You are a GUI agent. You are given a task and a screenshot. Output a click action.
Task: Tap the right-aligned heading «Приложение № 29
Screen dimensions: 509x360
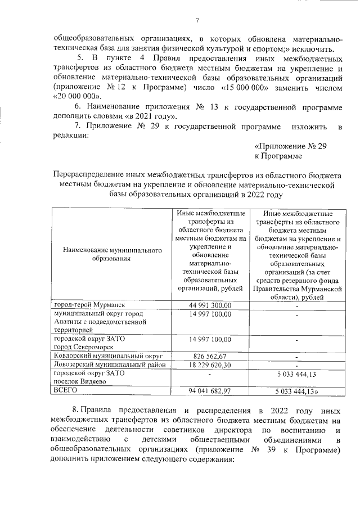pyautogui.click(x=290, y=145)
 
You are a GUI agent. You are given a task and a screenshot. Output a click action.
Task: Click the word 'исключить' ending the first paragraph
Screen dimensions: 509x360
pyautogui.click(x=316, y=49)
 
